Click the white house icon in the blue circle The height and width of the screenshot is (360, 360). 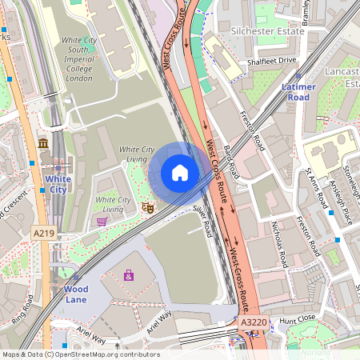tap(180, 173)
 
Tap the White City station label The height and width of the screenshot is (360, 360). tap(57, 184)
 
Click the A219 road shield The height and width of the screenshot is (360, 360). tap(45, 233)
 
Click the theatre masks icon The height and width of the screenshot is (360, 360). tap(147, 208)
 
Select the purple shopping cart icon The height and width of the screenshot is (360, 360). tap(102, 221)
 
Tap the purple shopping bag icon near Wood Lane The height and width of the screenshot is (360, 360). tap(128, 274)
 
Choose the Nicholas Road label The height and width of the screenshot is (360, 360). tap(278, 243)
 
